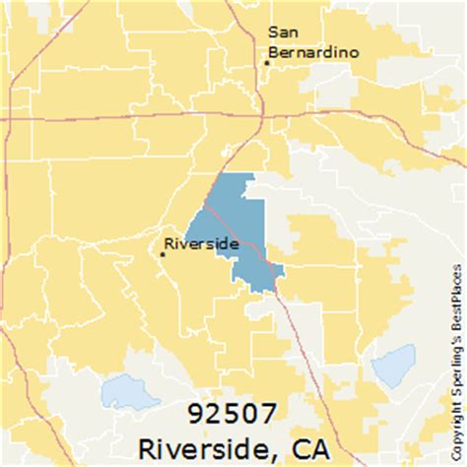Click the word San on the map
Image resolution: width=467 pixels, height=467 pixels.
[283, 32]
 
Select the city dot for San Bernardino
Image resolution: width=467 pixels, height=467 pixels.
[266, 62]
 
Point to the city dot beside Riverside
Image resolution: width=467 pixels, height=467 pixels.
[163, 254]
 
